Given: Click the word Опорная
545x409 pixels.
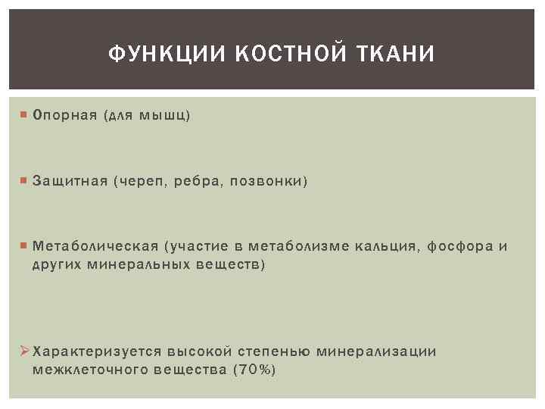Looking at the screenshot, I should (x=65, y=115).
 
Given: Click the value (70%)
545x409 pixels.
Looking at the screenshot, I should (x=254, y=370).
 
